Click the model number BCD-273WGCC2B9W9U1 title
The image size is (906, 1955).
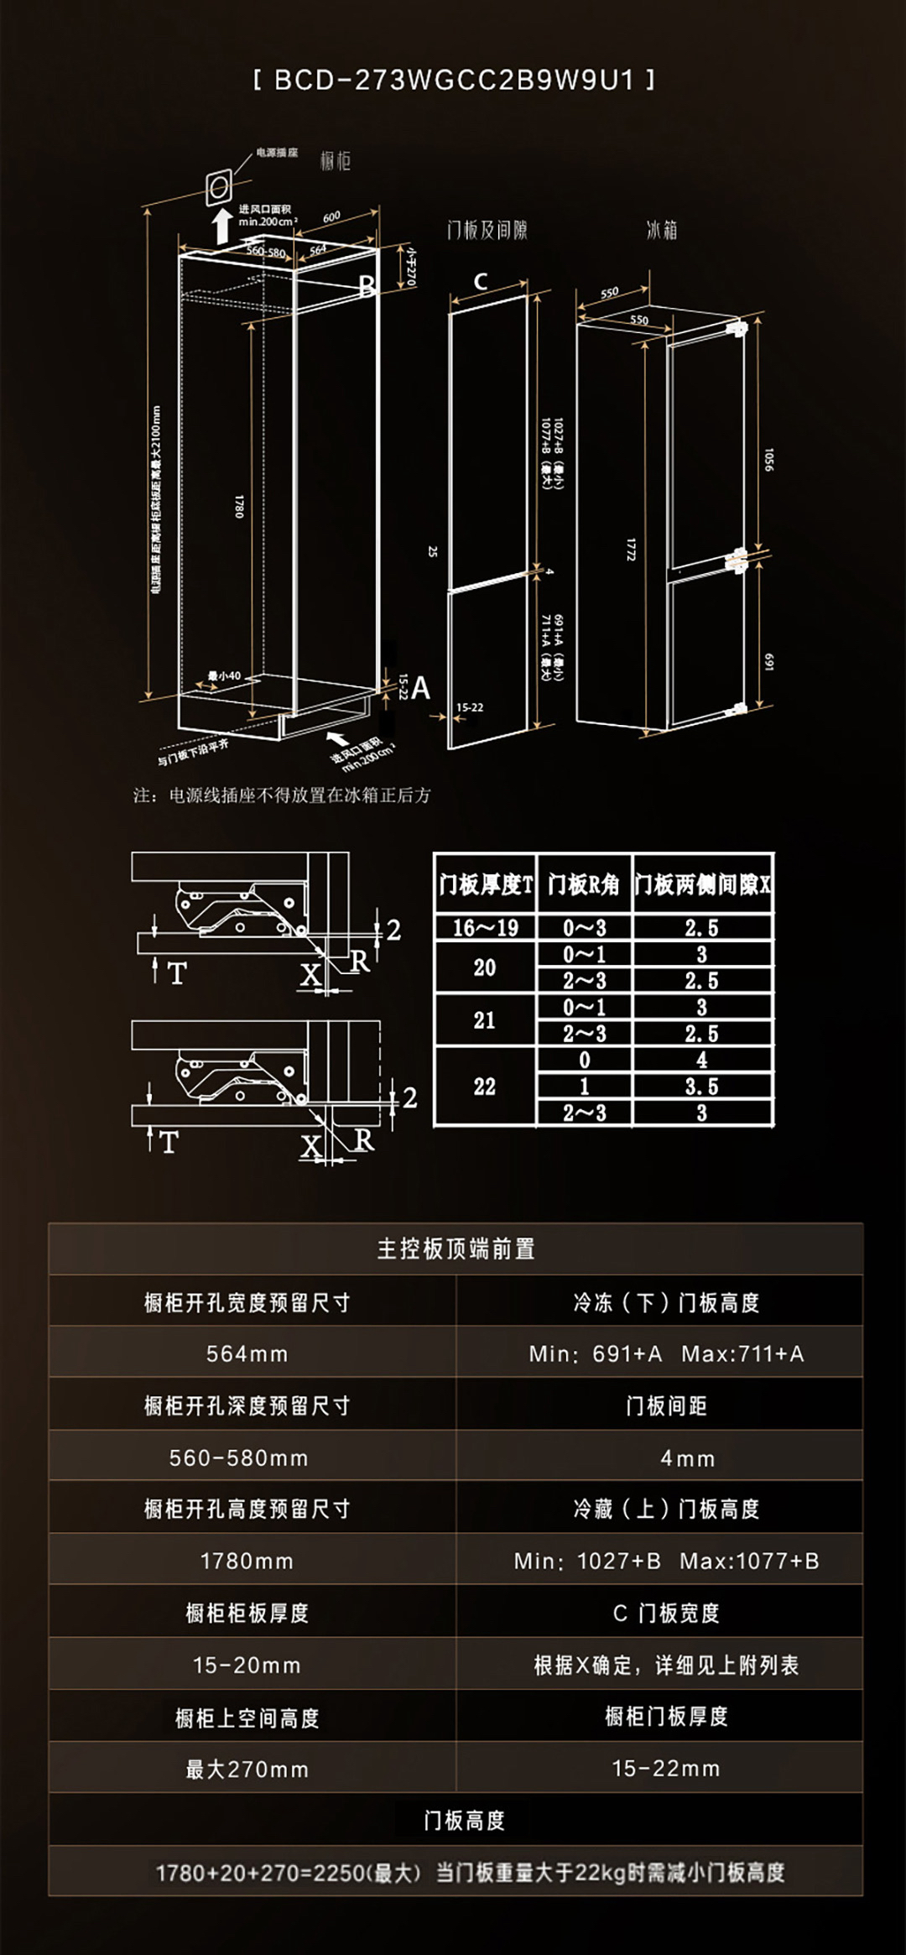[x=454, y=81]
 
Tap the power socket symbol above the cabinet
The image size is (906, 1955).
[x=219, y=185]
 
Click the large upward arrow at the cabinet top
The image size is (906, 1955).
[x=222, y=226]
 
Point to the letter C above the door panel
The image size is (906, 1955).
[x=481, y=282]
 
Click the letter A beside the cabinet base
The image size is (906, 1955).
[x=420, y=689]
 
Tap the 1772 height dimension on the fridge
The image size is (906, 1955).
[x=630, y=550]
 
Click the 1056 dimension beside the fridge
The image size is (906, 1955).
[x=768, y=459]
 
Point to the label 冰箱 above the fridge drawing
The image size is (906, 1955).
[x=662, y=230]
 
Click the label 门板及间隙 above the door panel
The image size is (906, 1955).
[x=487, y=230]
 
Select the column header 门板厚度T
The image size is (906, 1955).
[x=485, y=884]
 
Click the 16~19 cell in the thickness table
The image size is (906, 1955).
[x=485, y=928]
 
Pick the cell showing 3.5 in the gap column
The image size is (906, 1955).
[x=702, y=1087]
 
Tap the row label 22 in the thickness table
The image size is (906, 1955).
[x=485, y=1087]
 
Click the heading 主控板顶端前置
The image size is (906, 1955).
[x=456, y=1249]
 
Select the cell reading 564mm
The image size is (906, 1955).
[x=247, y=1353]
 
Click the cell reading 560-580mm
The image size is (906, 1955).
[x=239, y=1457]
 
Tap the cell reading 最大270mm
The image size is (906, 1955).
[x=247, y=1770]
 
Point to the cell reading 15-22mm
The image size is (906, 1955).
[x=666, y=1769]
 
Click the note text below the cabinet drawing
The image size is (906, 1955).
[x=282, y=795]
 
